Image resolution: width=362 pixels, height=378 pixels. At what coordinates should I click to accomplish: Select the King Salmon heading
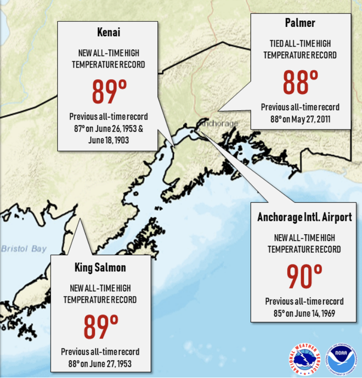(100, 268)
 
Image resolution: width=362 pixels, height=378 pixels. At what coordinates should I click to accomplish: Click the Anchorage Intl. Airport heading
(304, 217)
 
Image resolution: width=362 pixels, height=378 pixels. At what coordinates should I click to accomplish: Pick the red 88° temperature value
(300, 82)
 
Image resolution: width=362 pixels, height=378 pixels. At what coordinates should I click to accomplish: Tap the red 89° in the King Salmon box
(101, 327)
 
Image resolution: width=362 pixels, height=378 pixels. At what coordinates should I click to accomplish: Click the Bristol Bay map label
(24, 249)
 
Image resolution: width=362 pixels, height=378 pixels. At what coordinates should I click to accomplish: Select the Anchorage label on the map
(219, 123)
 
